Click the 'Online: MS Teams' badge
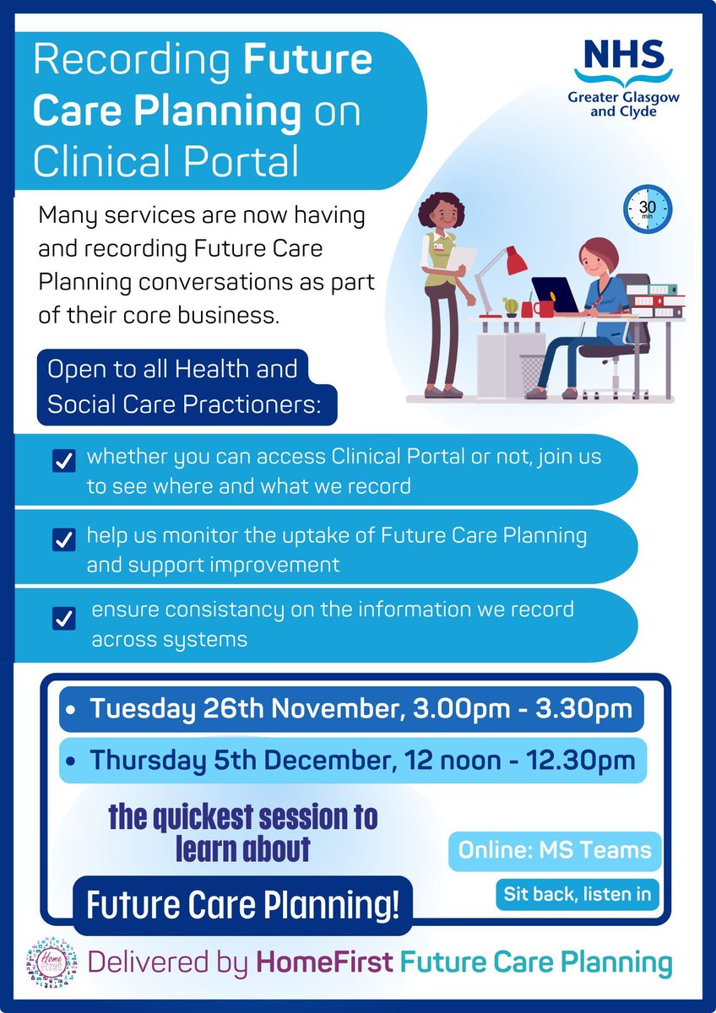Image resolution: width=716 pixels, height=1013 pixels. point(555,850)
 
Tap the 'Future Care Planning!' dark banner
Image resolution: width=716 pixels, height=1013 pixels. point(242,904)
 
